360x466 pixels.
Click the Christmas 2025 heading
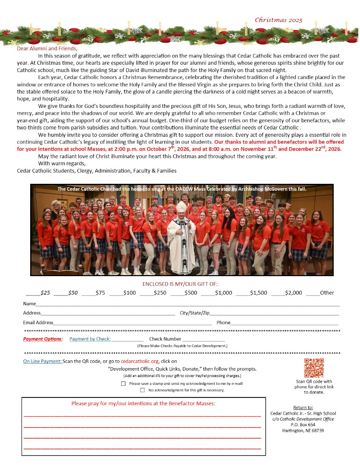pos(279,20)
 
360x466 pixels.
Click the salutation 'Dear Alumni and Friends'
pos(47,48)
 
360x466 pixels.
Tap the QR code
pos(314,368)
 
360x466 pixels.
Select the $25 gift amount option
pos(38,293)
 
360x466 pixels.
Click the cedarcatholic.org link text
pos(140,361)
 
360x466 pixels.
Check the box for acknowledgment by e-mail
pos(124,383)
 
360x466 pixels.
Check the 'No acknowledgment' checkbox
pos(142,390)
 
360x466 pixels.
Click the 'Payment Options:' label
pos(43,339)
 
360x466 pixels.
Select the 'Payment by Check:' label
pos(90,339)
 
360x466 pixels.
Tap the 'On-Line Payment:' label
pos(42,361)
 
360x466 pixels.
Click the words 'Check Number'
pos(165,339)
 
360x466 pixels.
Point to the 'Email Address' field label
pos(38,322)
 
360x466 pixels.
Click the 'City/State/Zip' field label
pos(194,313)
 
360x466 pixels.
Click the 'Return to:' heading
pos(303,407)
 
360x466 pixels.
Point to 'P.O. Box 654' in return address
pos(303,425)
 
